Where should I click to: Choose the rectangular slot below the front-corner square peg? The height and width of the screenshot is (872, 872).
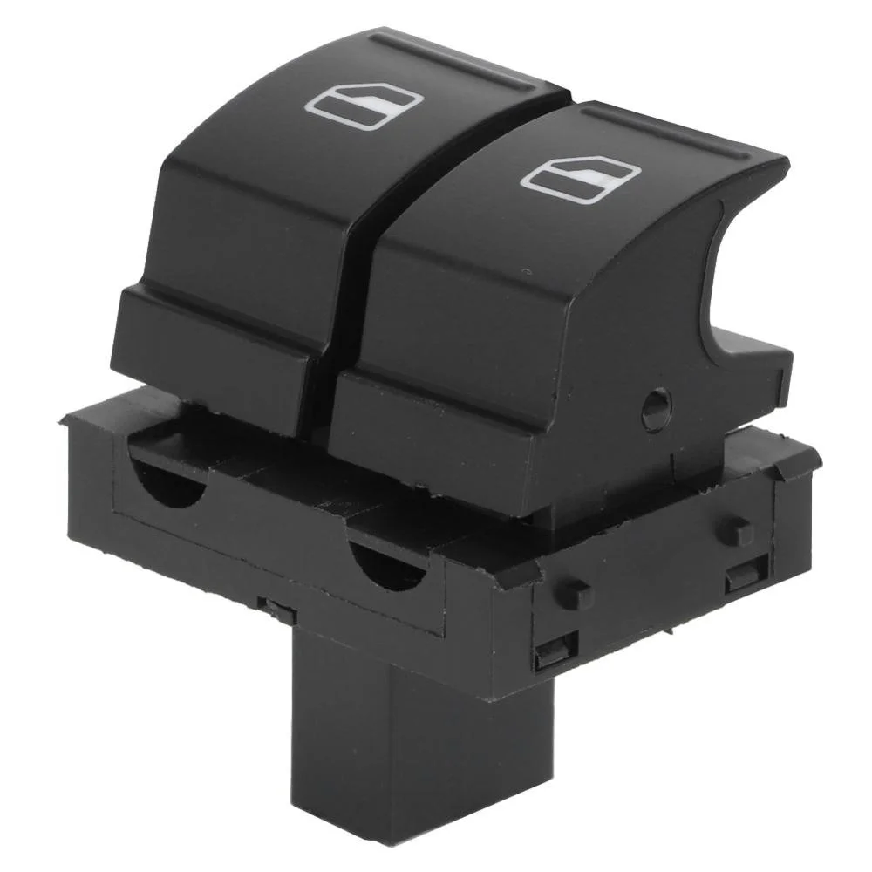[x=556, y=650]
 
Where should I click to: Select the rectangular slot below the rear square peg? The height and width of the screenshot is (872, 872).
[x=746, y=573]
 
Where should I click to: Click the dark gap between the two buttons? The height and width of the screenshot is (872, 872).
[x=349, y=288]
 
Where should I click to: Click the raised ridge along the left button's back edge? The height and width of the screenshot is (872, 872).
[x=453, y=61]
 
